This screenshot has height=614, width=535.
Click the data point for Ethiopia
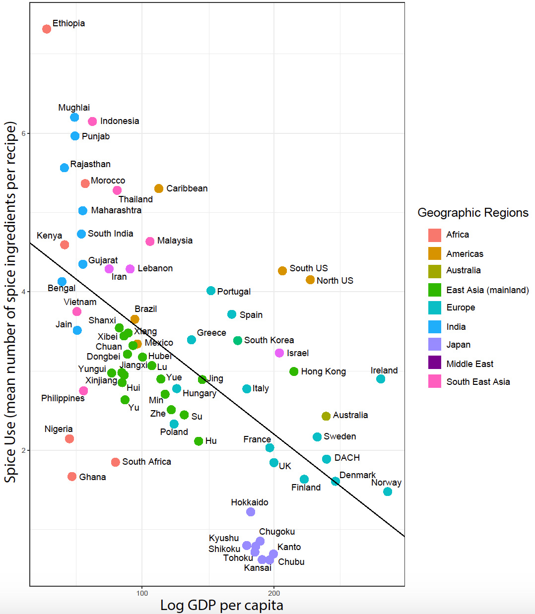click(47, 29)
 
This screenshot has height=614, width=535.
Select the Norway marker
click(388, 491)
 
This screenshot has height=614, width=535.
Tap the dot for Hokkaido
click(251, 512)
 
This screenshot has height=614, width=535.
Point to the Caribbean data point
click(159, 188)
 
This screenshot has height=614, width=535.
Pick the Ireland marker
click(381, 379)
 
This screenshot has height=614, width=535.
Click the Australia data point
click(326, 416)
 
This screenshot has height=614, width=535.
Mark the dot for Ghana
click(72, 477)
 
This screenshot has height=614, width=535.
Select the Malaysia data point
click(150, 241)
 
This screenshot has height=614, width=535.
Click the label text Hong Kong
click(323, 371)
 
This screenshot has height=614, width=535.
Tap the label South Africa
click(146, 462)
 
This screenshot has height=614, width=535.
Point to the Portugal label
click(234, 292)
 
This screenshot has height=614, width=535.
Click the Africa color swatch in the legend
click(435, 235)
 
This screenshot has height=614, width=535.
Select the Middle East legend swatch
click(435, 363)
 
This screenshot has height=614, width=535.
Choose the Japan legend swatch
click(435, 345)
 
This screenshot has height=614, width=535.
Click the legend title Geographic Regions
click(472, 213)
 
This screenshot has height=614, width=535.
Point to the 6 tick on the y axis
click(23, 133)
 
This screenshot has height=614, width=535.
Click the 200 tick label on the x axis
click(274, 593)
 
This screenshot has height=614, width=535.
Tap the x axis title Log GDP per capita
click(221, 605)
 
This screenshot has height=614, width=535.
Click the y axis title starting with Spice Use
click(11, 303)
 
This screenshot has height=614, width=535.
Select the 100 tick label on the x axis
click(142, 593)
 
